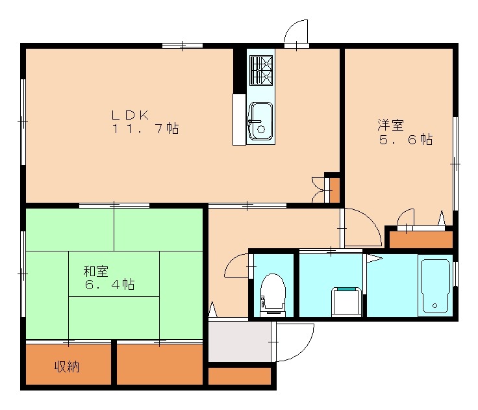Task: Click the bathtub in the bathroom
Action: pyautogui.click(x=434, y=286)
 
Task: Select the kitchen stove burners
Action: pyautogui.click(x=261, y=70)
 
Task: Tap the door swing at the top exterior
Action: pyautogui.click(x=297, y=32)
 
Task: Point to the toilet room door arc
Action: pyautogui.click(x=236, y=266)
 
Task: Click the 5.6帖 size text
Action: pyautogui.click(x=406, y=139)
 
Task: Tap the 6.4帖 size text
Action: pyautogui.click(x=108, y=285)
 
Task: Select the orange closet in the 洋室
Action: pyautogui.click(x=420, y=240)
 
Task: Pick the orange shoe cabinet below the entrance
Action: pyautogui.click(x=239, y=376)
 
